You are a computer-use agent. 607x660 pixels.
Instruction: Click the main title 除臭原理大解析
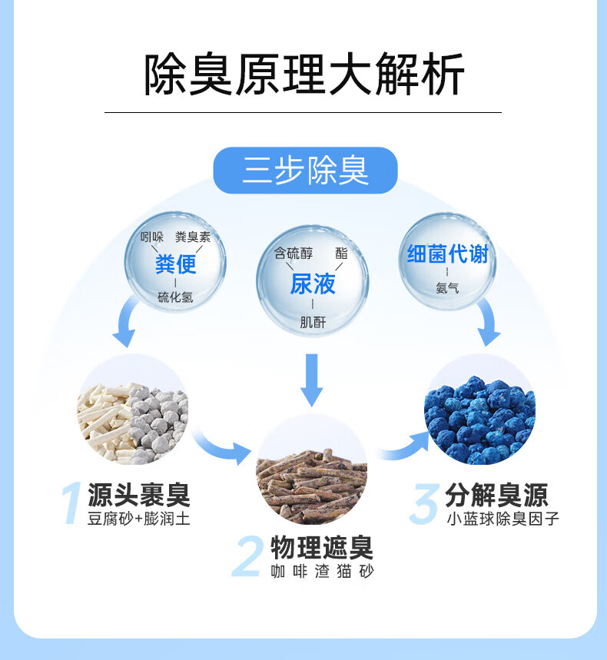tap(304, 75)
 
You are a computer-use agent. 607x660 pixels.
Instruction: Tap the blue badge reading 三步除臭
tap(305, 170)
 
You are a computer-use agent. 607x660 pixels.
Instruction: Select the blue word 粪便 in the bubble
tap(175, 264)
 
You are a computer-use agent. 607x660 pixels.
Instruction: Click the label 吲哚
tap(151, 237)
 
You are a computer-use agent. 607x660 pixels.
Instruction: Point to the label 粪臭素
tap(193, 237)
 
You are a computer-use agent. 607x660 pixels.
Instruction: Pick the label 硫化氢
tap(175, 297)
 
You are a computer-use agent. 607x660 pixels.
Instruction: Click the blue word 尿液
tap(313, 284)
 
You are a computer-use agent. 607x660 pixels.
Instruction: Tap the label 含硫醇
tap(294, 254)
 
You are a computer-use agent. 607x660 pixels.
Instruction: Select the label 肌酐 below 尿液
tap(313, 323)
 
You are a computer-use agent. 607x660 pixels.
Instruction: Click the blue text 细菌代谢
tap(447, 254)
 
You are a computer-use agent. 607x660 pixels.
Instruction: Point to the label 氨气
tap(447, 288)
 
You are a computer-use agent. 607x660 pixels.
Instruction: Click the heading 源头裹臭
tap(139, 495)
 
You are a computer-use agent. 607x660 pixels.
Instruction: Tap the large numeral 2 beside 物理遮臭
tap(247, 556)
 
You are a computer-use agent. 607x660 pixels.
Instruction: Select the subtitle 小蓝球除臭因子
tap(503, 519)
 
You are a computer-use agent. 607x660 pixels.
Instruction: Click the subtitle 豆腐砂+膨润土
tap(139, 518)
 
